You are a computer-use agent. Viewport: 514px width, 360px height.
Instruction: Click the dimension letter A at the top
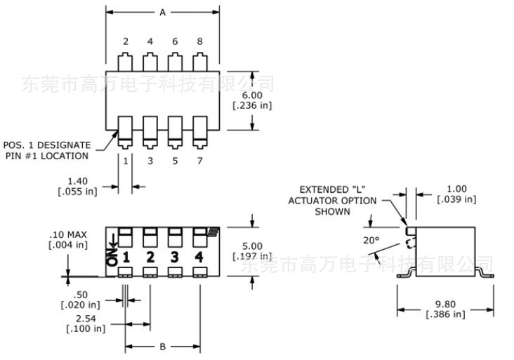162,13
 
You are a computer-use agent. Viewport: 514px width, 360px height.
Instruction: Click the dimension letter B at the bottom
162,346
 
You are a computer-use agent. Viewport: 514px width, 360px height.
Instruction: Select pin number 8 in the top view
199,41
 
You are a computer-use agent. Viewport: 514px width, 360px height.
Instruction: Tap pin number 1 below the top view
126,161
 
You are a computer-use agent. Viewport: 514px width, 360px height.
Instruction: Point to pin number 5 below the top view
175,161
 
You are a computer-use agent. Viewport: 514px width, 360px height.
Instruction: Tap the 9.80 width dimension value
445,304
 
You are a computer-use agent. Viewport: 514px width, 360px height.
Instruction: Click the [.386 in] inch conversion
445,314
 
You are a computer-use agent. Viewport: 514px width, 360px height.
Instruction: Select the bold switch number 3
175,257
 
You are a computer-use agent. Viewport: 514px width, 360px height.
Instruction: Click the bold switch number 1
126,257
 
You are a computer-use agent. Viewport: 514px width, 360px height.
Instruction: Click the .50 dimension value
82,294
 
